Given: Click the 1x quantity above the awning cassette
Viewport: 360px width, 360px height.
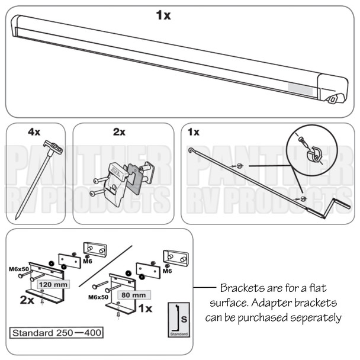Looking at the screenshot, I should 163,15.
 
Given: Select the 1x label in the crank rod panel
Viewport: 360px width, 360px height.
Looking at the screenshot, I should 194,132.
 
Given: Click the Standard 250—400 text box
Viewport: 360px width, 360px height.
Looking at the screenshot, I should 54,332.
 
